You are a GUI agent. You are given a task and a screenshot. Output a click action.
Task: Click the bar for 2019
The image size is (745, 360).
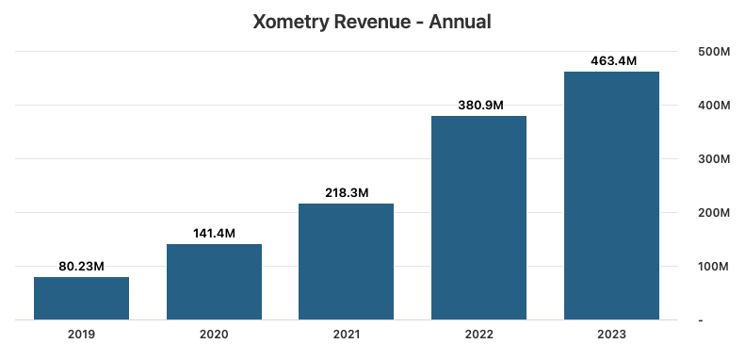tap(81, 298)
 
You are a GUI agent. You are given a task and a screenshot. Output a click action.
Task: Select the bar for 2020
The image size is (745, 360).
tap(214, 282)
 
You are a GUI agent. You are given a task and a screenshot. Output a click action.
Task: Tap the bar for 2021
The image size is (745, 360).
tap(346, 261)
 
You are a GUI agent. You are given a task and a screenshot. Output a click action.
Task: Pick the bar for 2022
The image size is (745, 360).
tap(478, 218)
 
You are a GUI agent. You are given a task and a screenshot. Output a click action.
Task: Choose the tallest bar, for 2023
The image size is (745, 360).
tap(611, 195)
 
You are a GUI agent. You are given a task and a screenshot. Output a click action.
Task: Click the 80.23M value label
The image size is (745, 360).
tap(81, 267)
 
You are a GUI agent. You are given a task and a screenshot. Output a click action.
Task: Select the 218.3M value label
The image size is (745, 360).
tap(346, 192)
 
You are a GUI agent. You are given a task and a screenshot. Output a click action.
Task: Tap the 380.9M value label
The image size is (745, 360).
tap(478, 106)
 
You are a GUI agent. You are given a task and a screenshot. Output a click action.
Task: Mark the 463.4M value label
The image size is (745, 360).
tap(611, 61)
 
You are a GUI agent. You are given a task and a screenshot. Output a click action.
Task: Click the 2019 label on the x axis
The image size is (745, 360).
tap(81, 335)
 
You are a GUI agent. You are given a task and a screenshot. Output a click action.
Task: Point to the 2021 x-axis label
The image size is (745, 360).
tap(346, 335)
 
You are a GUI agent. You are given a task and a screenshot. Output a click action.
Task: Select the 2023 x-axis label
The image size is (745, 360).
tap(611, 335)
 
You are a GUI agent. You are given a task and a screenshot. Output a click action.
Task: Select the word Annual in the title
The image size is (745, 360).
tap(461, 21)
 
